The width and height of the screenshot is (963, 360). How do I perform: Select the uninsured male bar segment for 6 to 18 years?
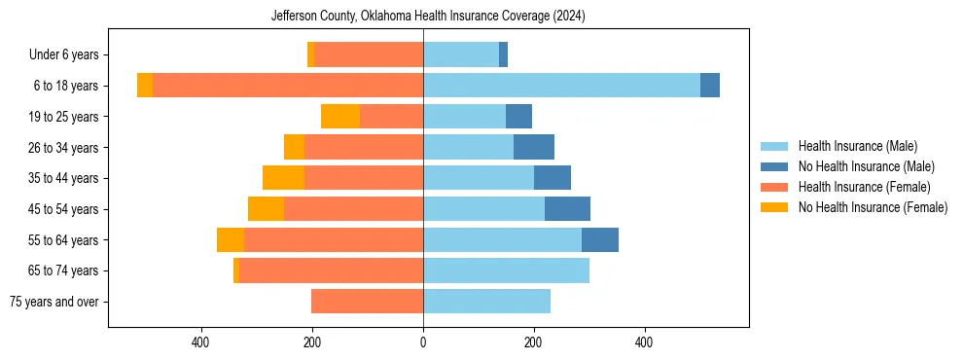[710, 86]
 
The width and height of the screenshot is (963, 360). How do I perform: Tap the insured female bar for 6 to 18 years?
[288, 86]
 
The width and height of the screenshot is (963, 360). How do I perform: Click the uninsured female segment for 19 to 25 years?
[340, 117]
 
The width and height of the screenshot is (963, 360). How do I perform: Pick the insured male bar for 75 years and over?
[486, 302]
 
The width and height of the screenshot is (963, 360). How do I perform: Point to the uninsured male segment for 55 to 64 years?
[600, 240]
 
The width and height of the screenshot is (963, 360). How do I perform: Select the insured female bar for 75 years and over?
[367, 302]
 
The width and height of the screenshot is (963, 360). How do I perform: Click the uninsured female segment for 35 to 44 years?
[283, 178]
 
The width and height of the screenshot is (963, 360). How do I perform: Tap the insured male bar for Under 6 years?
[461, 54]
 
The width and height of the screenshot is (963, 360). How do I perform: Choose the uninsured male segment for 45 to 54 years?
[567, 209]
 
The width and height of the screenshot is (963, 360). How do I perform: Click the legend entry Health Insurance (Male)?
[857, 146]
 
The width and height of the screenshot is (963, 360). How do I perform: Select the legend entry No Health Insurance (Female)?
[873, 207]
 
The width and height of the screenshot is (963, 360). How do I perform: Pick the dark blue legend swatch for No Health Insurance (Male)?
[775, 166]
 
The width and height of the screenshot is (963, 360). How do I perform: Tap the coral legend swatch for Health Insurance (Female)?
[775, 187]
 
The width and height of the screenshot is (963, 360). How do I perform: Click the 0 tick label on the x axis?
[423, 342]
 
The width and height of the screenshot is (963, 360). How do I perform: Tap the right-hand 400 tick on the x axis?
[644, 342]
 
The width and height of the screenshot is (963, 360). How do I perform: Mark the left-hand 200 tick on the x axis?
[312, 342]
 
